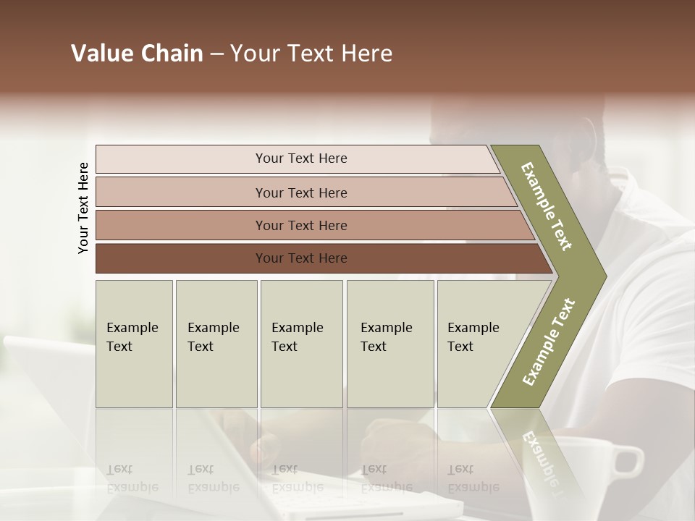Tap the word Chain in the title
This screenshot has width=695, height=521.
point(173,54)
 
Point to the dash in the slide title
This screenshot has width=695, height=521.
point(216,54)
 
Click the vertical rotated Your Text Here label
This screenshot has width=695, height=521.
point(83,208)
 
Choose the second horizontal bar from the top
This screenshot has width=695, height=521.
point(300,192)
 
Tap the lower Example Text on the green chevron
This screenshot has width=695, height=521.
point(549,342)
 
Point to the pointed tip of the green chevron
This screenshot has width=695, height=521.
point(605,276)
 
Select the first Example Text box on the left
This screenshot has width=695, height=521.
point(134,343)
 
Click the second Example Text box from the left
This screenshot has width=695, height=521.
point(216,343)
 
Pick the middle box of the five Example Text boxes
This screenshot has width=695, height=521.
point(301,343)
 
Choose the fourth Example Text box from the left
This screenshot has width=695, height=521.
point(390,343)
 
